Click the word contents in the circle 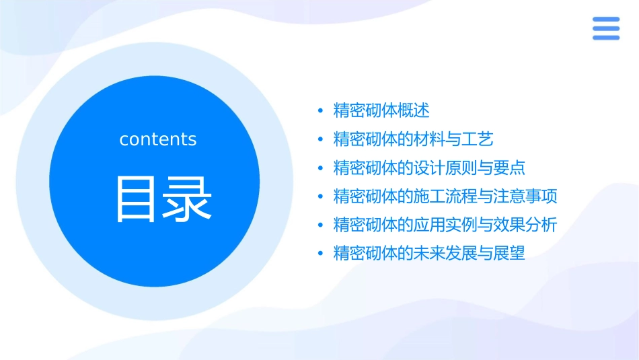pos(158,139)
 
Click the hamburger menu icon pos(605,29)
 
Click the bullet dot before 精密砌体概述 pos(321,111)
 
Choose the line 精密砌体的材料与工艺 pos(414,139)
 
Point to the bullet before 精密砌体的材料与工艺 pos(321,140)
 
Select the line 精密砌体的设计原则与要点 pos(429,168)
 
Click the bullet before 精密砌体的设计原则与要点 pos(321,168)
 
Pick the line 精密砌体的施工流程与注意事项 pos(445,196)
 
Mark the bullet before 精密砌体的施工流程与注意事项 pos(321,197)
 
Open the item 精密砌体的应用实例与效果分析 pos(445,225)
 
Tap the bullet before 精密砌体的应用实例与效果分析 pos(321,225)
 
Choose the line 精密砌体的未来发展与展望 pos(429,254)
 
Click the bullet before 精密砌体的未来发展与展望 pos(321,254)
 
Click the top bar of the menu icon pos(605,20)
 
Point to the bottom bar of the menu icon pos(605,38)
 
